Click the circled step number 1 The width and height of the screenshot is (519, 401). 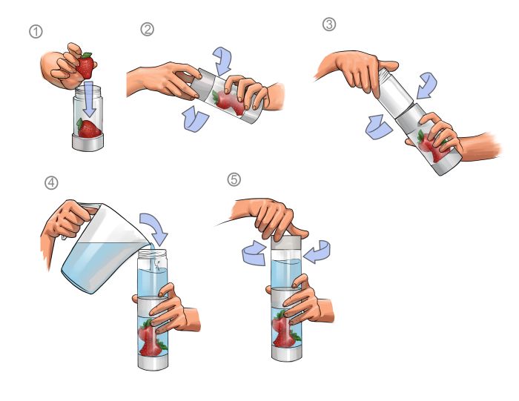click(35, 32)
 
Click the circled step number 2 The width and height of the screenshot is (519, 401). click(147, 29)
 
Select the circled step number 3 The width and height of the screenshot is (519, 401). click(329, 24)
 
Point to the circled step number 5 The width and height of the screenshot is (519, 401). click(234, 180)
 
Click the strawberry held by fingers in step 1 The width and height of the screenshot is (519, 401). click(87, 67)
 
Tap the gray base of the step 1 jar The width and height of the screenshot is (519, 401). click(89, 143)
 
